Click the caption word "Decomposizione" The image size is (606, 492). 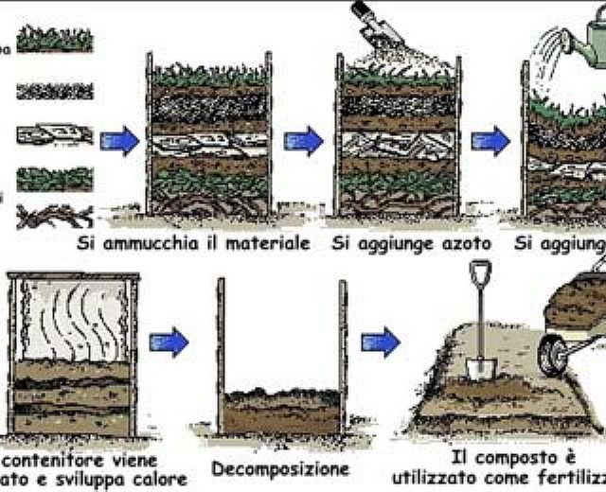coord(279,469)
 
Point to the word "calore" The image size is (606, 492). coord(158,479)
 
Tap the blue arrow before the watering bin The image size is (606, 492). coord(490,142)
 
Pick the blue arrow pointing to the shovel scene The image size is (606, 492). coord(381,339)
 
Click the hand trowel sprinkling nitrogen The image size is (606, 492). coord(376,24)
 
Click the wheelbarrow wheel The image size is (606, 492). coord(552,355)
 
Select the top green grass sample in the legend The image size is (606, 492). coord(55,40)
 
